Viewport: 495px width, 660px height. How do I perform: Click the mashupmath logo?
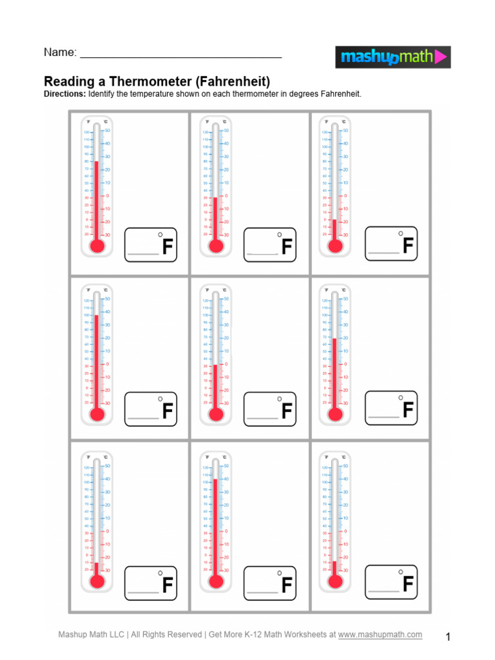tap(393, 57)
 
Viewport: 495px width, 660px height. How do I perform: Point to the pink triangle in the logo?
tap(442, 57)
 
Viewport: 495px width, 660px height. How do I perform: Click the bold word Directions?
tap(64, 94)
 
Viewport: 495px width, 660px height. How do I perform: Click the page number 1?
tap(448, 637)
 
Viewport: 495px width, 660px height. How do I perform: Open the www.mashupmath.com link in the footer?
tap(380, 635)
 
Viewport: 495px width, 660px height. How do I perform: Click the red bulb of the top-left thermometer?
tap(97, 246)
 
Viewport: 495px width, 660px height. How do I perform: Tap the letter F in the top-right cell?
tap(407, 246)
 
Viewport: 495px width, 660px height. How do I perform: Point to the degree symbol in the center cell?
tap(280, 398)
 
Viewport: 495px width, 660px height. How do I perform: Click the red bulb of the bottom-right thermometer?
tap(334, 581)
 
